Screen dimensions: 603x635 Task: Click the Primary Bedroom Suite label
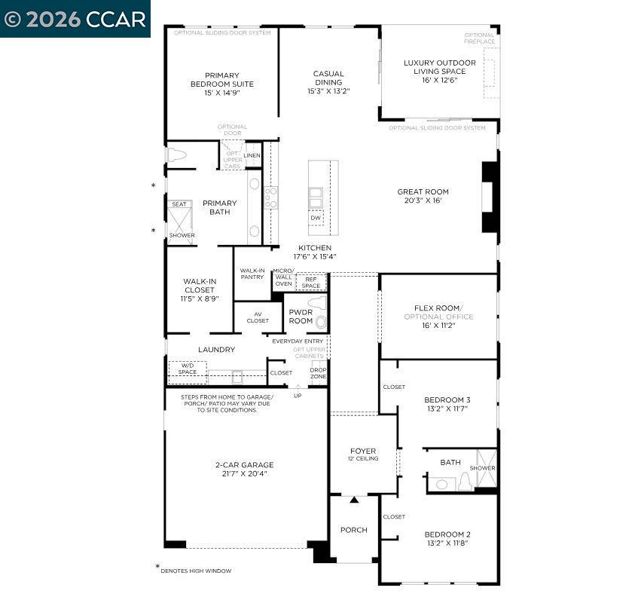point(221,84)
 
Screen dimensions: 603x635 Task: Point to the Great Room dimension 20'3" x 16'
point(423,201)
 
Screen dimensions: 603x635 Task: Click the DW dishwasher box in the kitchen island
point(316,218)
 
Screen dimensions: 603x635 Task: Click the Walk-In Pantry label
point(252,274)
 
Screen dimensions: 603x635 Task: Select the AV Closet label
point(258,317)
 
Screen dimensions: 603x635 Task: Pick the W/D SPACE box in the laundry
point(188,369)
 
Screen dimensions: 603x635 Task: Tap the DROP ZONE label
point(319,372)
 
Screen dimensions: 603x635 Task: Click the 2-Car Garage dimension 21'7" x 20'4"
point(244,474)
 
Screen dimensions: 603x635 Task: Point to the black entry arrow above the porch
point(354,500)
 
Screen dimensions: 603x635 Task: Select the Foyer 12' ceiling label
point(363,455)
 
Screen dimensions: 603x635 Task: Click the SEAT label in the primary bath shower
point(179,204)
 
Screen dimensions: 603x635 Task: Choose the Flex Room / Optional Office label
point(444,312)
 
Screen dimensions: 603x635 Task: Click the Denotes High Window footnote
point(195,571)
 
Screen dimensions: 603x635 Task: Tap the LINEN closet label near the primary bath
point(252,155)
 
